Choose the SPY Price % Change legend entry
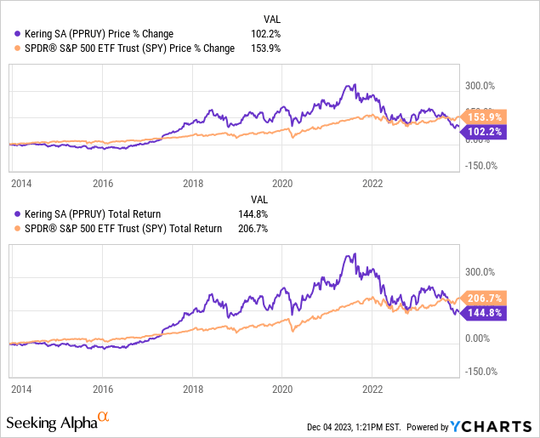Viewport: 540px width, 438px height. pos(122,48)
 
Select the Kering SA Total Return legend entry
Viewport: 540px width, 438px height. pos(89,214)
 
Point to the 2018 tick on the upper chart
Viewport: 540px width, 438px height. pos(193,182)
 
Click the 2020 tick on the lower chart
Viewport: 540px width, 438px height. pos(282,388)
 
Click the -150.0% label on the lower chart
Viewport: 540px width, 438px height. pos(481,371)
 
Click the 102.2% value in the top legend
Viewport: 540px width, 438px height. pos(267,34)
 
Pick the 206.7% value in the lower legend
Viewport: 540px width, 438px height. pos(267,228)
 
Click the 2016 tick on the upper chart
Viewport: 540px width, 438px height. pos(103,182)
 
